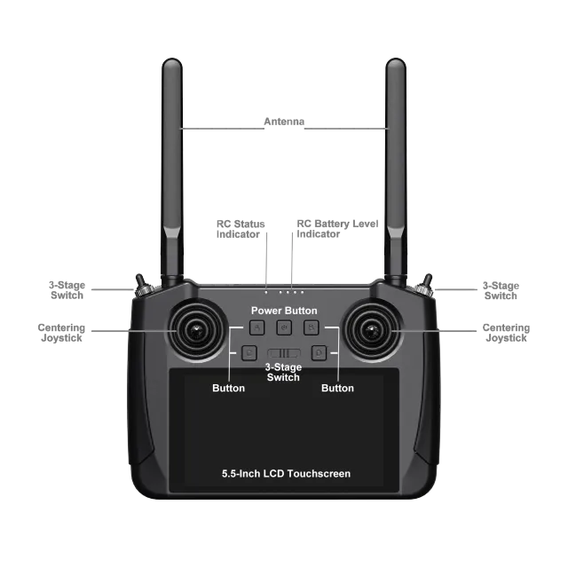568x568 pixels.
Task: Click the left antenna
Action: [x=171, y=160]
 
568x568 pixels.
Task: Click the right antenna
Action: [x=396, y=160]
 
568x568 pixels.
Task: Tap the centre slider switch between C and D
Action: [x=284, y=355]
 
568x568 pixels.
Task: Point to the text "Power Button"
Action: [x=284, y=311]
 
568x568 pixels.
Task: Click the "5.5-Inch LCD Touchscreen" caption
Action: [x=286, y=474]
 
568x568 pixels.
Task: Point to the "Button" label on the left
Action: [x=229, y=388]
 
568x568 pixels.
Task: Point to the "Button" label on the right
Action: [x=337, y=388]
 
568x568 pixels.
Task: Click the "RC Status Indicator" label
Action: [x=241, y=229]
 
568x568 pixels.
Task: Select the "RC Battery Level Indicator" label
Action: [x=337, y=229]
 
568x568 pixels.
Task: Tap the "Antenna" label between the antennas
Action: [x=282, y=122]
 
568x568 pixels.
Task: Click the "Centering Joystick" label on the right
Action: [x=506, y=334]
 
